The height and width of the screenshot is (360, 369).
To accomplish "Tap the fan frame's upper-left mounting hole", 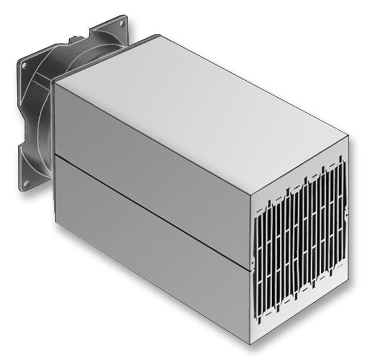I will (x=23, y=66).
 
